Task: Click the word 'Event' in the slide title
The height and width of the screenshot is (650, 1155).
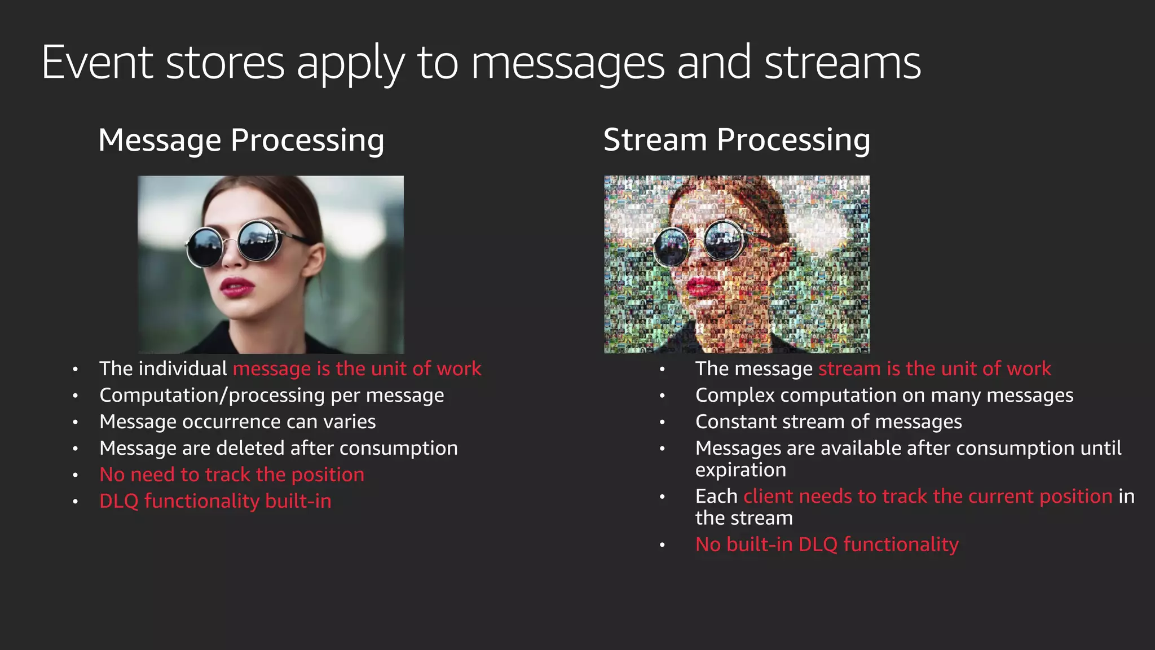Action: (97, 63)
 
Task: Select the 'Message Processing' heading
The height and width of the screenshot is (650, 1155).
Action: (241, 140)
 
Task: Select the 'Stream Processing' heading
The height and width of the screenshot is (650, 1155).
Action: (737, 140)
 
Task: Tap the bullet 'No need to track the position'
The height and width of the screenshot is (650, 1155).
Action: (232, 475)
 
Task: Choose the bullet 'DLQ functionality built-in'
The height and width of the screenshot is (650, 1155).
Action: (215, 502)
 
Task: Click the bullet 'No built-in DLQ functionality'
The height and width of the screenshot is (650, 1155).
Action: (827, 545)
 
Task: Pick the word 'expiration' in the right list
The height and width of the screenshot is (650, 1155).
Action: (740, 470)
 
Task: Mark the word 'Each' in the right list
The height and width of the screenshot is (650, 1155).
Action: (716, 497)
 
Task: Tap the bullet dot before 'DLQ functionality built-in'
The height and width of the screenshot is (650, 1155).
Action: (75, 502)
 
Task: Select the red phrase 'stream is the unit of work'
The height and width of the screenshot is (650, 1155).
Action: (934, 369)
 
